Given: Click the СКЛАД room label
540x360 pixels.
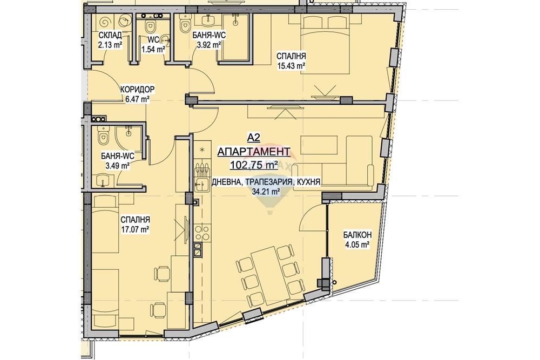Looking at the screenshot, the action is click(110, 36).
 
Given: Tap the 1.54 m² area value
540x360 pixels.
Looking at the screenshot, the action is click(153, 50).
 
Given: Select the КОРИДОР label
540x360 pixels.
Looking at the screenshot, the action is click(137, 90).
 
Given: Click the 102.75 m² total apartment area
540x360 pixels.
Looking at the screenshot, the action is click(254, 166).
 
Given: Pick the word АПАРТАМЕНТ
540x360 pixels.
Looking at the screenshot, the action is click(254, 152).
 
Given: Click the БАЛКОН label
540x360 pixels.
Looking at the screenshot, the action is click(357, 235).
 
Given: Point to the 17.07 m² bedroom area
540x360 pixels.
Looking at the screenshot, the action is click(134, 229).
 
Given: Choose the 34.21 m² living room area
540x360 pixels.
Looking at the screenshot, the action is click(266, 192).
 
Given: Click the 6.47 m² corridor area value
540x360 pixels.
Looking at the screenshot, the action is click(137, 99).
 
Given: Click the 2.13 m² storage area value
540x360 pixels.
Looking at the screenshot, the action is click(110, 45).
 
